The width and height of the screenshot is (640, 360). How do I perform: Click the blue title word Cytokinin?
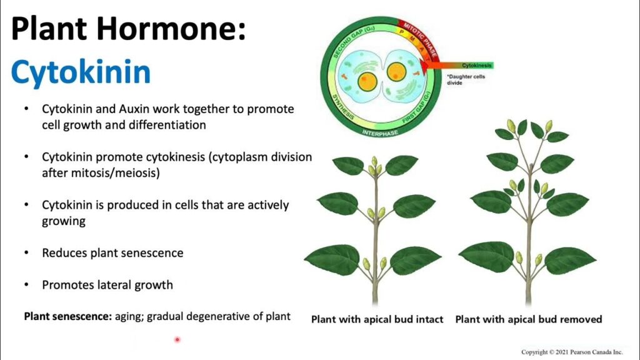click(81, 72)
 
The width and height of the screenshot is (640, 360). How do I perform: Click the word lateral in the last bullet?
click(114, 285)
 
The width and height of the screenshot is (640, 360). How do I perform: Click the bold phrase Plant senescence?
click(67, 316)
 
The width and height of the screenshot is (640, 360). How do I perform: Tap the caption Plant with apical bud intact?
click(377, 319)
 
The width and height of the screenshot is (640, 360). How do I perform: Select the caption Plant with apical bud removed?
click(528, 319)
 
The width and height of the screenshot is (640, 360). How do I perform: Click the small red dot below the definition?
click(177, 339)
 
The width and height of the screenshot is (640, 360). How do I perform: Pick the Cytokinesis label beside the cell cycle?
click(477, 65)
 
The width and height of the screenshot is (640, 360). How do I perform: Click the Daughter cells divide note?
click(465, 79)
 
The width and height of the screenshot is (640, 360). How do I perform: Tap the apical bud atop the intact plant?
click(374, 161)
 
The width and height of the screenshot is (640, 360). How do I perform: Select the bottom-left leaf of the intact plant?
click(333, 258)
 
